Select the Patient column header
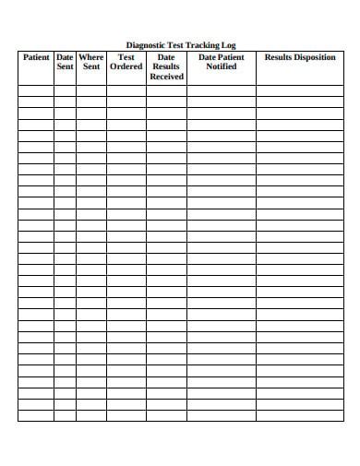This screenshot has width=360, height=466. tap(36, 57)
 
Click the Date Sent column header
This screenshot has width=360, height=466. tap(65, 62)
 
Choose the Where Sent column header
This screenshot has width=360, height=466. tap(90, 62)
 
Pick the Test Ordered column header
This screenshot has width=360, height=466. tap(126, 62)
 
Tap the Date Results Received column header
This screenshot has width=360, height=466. tap(166, 66)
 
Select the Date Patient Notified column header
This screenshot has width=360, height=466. tap(222, 62)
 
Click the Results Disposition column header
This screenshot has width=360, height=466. tap(300, 57)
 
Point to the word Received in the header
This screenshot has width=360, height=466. tap(166, 77)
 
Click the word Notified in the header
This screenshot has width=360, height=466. tap(222, 66)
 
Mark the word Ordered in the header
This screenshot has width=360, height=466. tap(126, 66)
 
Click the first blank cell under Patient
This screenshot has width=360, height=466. tap(36, 90)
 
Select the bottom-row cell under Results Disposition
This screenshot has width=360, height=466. tap(300, 415)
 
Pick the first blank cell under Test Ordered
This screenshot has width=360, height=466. tap(126, 90)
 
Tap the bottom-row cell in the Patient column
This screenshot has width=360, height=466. tap(36, 415)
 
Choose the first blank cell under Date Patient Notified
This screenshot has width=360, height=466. tap(222, 90)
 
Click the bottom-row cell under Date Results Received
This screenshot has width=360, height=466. tap(166, 415)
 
